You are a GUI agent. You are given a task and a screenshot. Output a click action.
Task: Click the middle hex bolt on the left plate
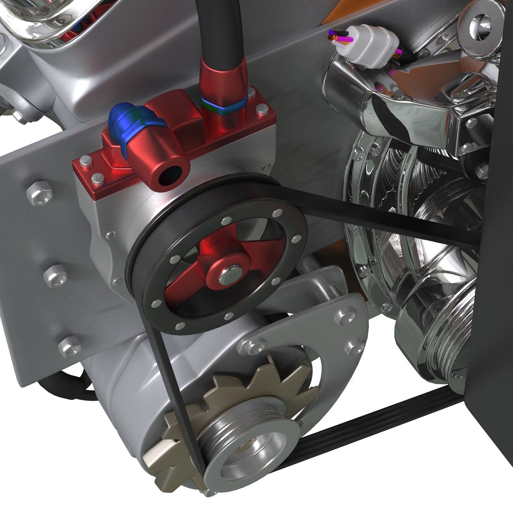(56, 276)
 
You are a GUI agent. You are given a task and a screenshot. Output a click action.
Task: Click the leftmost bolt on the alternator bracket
(252, 346)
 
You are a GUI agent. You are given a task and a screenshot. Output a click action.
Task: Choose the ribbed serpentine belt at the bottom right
(380, 423)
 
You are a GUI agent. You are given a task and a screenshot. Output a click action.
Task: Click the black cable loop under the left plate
(66, 387)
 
